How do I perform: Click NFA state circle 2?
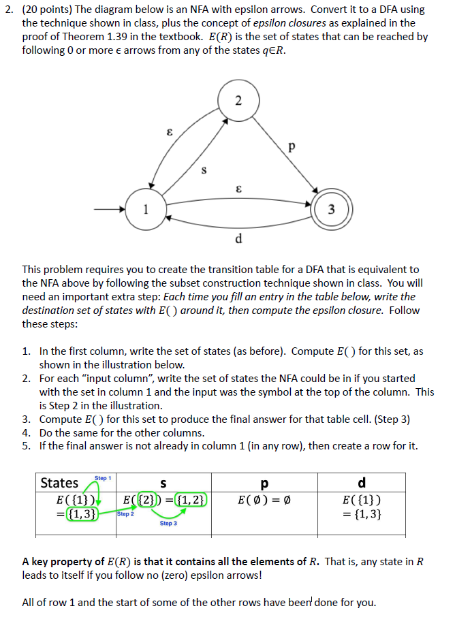coord(237,102)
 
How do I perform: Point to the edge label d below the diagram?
coord(238,239)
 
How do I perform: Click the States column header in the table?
coord(60,483)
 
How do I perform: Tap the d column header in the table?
coord(361,483)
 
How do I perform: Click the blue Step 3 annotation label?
coord(168,523)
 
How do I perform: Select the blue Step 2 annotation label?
coord(125,514)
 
